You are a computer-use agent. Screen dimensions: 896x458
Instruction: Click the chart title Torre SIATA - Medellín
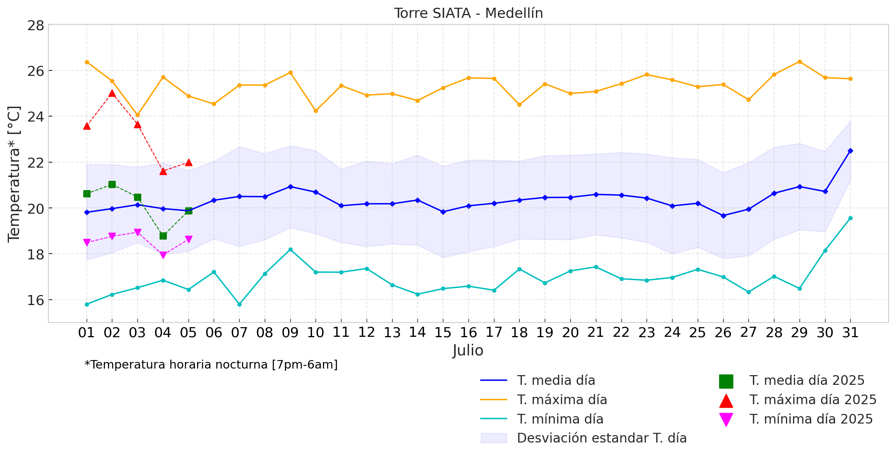point(469,13)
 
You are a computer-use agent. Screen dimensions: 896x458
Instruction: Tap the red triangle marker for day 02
point(112,93)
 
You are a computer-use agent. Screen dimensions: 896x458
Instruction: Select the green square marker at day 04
point(163,236)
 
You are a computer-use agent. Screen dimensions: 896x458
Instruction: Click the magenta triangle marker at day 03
point(137,232)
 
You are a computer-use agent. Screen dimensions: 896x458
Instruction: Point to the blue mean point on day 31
point(850,151)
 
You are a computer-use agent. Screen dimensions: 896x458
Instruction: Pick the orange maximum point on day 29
point(800,62)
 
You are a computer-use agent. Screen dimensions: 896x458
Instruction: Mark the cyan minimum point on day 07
point(239,304)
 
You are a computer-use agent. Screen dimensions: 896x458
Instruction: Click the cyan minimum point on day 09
point(290,250)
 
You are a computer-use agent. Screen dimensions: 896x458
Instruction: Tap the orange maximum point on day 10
point(316,111)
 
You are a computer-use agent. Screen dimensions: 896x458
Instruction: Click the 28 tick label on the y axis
point(36,26)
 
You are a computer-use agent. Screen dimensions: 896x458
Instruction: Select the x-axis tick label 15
point(443,333)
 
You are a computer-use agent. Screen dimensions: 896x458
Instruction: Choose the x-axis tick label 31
point(850,333)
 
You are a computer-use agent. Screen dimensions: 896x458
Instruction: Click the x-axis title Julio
point(468,350)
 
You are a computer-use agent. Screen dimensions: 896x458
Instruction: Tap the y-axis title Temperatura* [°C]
point(14,174)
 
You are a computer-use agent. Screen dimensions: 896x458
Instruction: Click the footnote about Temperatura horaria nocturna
point(211,365)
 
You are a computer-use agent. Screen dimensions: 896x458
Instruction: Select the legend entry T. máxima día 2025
point(798,400)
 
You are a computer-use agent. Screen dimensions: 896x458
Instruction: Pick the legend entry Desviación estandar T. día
point(584,438)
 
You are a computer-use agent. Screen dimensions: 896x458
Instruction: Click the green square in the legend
point(726,381)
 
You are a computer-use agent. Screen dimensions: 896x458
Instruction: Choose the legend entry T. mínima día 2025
point(796,419)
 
